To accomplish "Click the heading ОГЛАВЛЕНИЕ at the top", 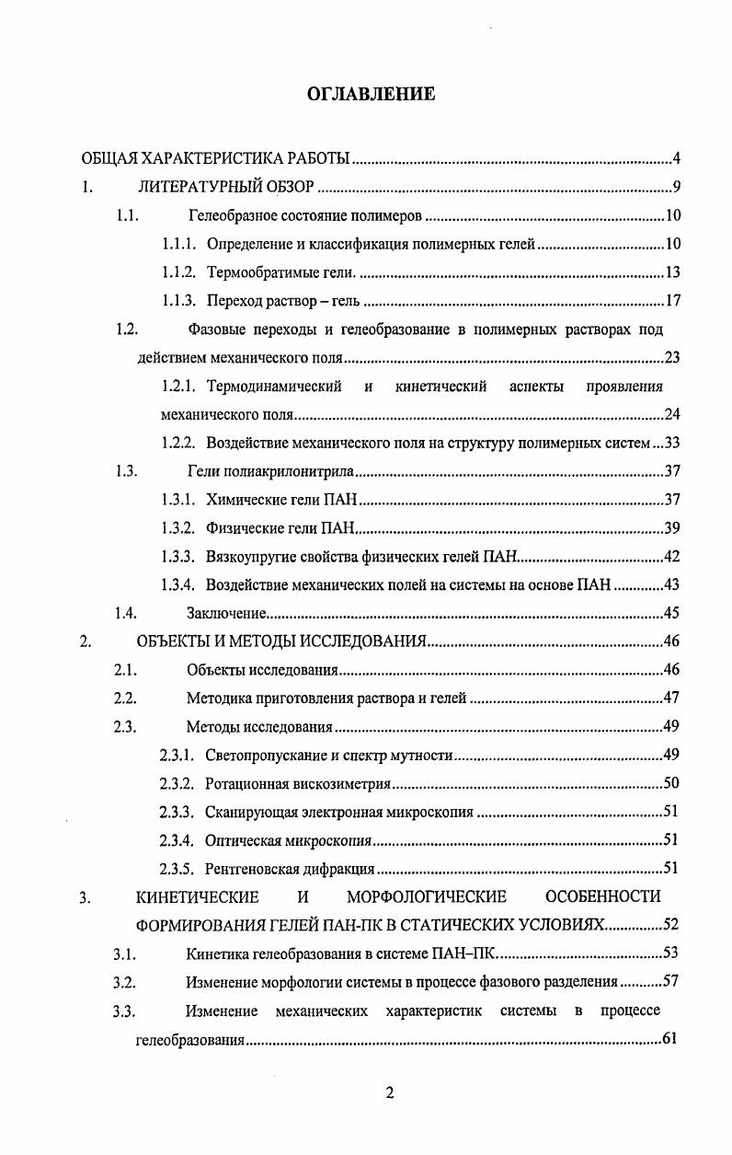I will click(x=370, y=94).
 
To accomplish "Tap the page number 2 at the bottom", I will click(x=389, y=1092).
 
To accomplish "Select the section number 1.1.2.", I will click(x=179, y=273).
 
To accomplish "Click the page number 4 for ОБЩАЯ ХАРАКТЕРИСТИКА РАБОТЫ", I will click(x=676, y=160).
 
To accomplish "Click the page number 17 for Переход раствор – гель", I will click(x=671, y=302).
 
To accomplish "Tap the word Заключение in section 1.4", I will click(x=227, y=613).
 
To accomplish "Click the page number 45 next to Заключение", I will click(x=671, y=613).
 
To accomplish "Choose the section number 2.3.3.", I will click(x=177, y=812).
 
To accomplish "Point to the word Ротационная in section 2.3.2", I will click(x=242, y=783).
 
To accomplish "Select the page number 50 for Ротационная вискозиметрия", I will click(x=670, y=783).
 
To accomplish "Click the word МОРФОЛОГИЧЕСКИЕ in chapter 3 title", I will click(x=427, y=896).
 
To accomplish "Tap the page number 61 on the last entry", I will click(x=670, y=1039).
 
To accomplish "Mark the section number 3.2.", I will click(x=125, y=981).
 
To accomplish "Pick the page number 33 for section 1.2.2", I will click(x=670, y=443).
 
